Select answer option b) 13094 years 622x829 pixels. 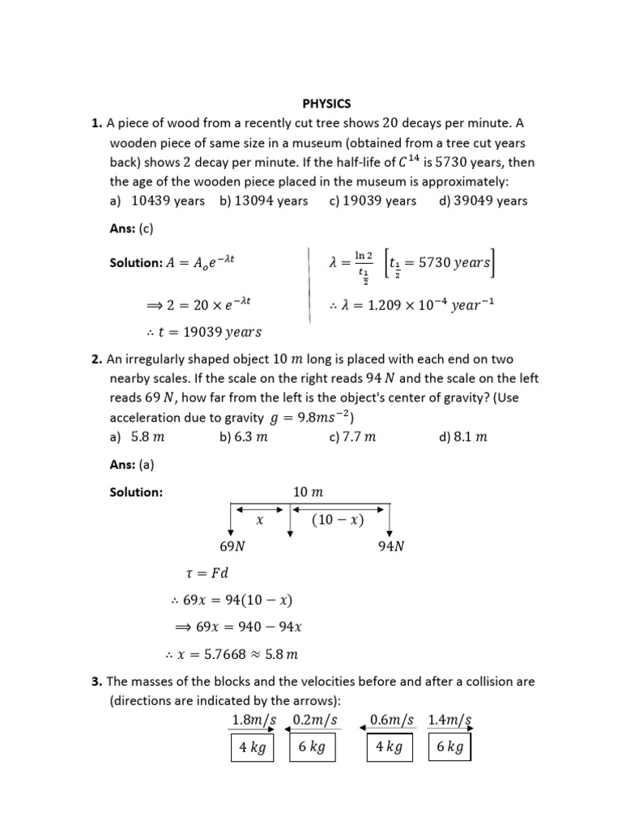(263, 201)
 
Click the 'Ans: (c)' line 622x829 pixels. (130, 229)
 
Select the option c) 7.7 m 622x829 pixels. (352, 437)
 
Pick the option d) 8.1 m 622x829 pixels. (462, 437)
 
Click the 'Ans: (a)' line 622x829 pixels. (130, 466)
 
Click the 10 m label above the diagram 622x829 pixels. (307, 492)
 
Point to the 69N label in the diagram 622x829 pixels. (233, 546)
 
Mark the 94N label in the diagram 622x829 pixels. (391, 546)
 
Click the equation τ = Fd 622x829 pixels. (207, 573)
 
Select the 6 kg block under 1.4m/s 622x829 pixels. (449, 747)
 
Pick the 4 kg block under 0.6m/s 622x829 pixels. (389, 747)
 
